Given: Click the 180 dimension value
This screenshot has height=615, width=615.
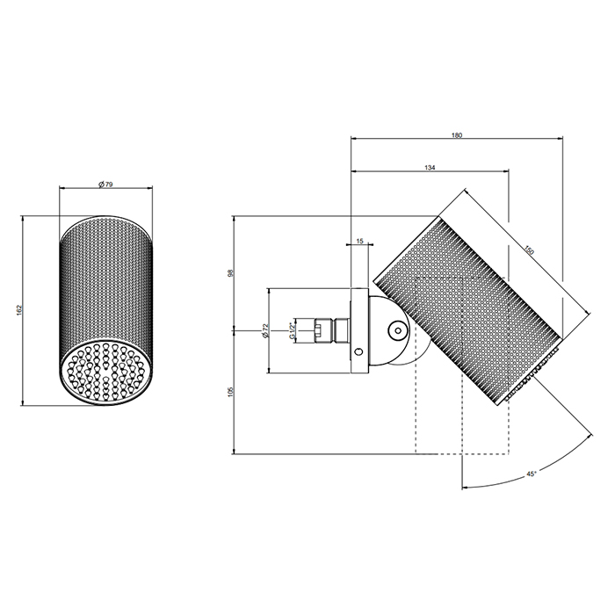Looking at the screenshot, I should [x=456, y=135].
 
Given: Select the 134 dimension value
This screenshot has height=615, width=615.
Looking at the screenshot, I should [x=430, y=167].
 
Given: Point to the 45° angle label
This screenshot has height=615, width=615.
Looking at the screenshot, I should [x=531, y=474].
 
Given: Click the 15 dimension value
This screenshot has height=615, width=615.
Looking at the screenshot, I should [x=360, y=240].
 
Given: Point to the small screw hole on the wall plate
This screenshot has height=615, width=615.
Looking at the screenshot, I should [x=358, y=352].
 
